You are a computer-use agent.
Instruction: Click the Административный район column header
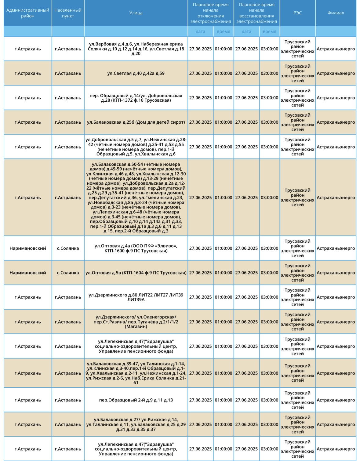pos(27,13)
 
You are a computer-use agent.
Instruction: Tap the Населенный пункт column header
pos(68,13)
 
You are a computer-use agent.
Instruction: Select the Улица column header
pos(136,13)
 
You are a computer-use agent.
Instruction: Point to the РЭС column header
pos(297,13)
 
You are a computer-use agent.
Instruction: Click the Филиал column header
pos(336,13)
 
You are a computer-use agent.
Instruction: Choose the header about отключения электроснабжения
pos(211,13)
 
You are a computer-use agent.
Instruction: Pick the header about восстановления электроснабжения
pos(256,13)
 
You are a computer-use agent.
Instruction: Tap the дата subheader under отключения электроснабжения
pos(200,31)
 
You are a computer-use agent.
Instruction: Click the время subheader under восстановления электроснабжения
pos(269,31)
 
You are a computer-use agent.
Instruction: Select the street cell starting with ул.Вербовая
pos(136,49)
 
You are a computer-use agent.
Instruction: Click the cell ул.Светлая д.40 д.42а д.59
pos(136,73)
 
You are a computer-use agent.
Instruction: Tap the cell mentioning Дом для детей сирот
pos(136,122)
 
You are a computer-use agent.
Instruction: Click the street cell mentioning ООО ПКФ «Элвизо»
pos(136,248)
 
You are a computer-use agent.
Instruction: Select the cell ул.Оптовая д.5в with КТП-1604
pos(136,273)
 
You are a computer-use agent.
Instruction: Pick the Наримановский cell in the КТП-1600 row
pos(27,248)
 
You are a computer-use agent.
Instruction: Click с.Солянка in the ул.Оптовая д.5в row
pos(68,273)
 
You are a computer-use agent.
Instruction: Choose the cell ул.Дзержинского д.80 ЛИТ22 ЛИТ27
pos(136,297)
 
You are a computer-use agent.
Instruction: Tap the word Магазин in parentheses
pos(136,327)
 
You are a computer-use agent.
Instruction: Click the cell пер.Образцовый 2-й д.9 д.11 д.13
pos(136,400)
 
